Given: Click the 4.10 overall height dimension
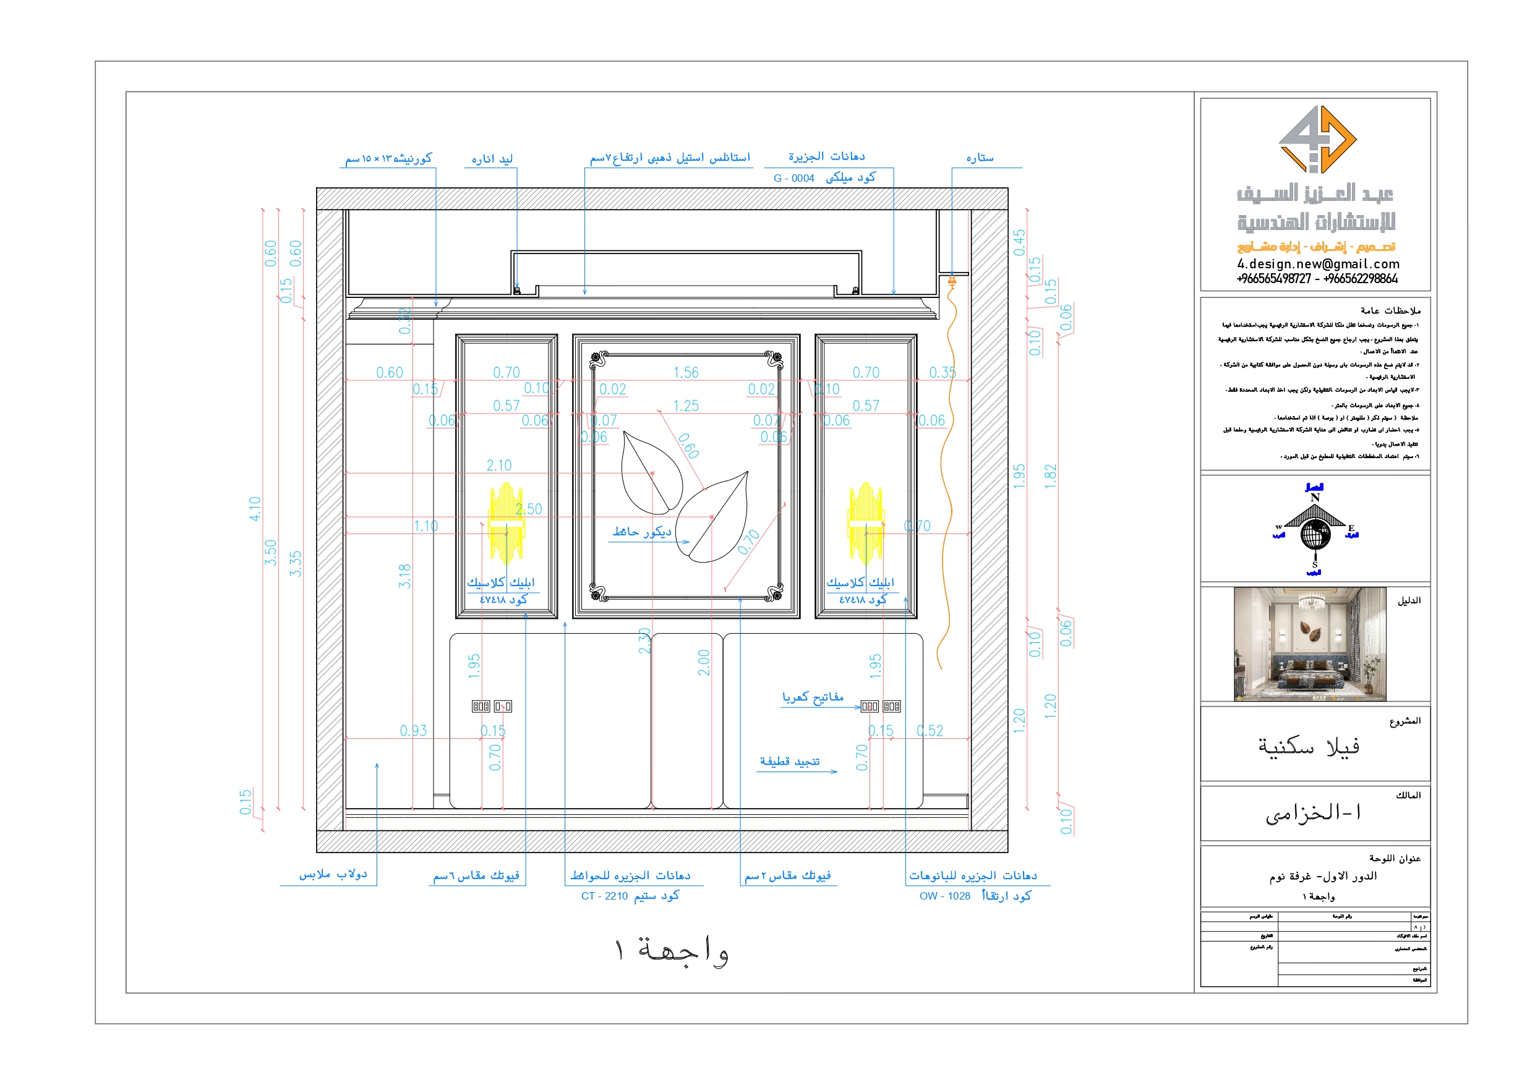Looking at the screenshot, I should coord(255,509).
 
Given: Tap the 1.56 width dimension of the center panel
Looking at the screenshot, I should coord(685,372).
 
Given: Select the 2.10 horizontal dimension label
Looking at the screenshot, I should coord(498,466).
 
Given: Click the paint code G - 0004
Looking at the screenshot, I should coord(793,179).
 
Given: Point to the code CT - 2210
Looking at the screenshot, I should coord(604,896).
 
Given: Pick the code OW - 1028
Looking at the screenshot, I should coord(944,896).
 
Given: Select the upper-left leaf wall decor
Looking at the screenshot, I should coord(651,471).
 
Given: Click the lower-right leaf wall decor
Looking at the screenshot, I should coord(712,517).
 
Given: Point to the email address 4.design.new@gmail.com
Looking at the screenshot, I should coord(1318,264).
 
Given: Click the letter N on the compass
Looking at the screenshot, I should coord(1315,498).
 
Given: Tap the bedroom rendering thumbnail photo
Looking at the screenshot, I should coord(1310,644).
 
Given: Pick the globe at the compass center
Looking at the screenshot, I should coord(1315,535).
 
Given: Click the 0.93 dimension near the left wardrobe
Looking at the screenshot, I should coord(413,731).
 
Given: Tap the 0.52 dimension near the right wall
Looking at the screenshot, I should coord(930,731).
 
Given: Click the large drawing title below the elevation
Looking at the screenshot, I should coord(671,951).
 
